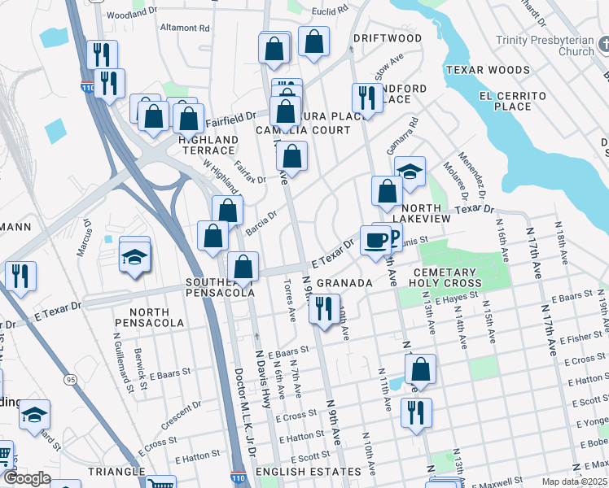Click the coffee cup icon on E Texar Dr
click(375, 241)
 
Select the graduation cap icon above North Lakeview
click(410, 170)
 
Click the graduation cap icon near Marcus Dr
click(134, 256)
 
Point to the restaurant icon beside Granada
click(325, 309)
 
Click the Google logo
click(26, 478)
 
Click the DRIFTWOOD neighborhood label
click(387, 38)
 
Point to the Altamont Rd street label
click(185, 28)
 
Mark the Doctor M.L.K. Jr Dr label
click(244, 410)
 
